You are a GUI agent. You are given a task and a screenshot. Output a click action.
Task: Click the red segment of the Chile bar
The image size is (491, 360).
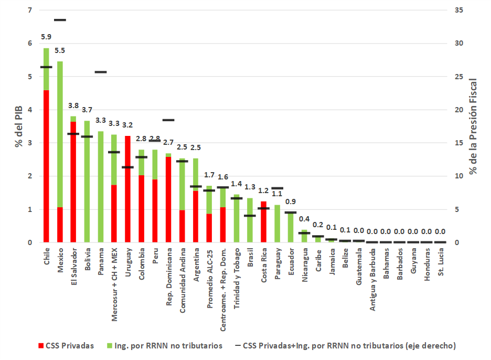[x=47, y=166]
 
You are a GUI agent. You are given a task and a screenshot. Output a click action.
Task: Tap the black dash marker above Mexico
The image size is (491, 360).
[x=60, y=20]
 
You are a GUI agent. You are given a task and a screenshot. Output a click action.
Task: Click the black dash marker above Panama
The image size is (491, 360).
[x=101, y=72]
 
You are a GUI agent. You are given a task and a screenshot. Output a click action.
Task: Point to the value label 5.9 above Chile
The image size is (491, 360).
[x=47, y=37]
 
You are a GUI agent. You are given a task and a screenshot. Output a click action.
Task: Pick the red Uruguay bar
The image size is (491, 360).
[x=128, y=189]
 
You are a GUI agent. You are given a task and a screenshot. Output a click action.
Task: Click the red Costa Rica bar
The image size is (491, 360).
[x=264, y=221]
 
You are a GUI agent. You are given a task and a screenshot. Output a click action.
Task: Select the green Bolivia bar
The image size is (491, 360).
[x=87, y=182]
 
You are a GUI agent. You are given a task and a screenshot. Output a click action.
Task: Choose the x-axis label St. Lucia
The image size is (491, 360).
[x=441, y=262]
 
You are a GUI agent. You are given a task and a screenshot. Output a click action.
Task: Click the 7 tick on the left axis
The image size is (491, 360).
[x=29, y=10]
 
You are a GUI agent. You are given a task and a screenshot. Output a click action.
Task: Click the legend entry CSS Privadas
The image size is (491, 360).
[x=64, y=345]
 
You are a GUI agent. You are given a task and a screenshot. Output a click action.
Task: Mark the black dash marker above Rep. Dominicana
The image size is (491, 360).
[x=168, y=120]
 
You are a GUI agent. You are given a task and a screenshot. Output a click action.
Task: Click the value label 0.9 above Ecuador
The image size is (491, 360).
[x=291, y=202]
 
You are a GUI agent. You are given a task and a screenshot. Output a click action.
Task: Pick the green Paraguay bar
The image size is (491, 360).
[x=277, y=224]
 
